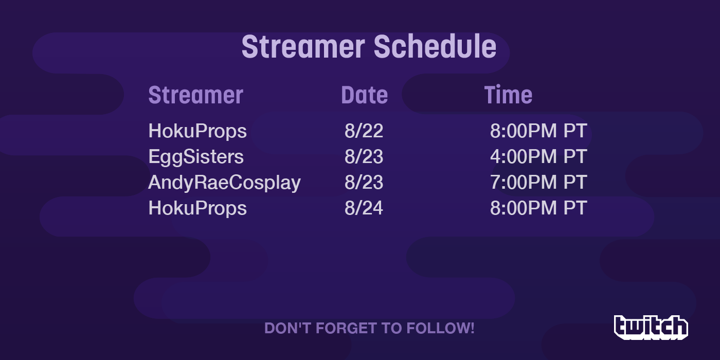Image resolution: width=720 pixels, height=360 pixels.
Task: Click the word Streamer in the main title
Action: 303,47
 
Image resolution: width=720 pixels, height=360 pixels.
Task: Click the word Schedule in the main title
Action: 435,47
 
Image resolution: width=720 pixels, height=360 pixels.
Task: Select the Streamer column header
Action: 196,95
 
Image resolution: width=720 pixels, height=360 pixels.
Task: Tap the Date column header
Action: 365,95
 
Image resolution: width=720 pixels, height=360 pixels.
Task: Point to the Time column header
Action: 508,95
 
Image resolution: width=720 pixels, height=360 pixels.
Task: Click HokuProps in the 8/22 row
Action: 197,132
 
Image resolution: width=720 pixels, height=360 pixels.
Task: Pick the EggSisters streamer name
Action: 196,157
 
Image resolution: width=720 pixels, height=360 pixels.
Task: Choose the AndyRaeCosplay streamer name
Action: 224,183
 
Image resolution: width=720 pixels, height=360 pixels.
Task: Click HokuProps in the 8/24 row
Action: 197,209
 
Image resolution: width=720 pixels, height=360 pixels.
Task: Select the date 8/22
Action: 364,131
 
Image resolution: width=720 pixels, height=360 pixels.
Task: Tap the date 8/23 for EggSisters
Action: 364,156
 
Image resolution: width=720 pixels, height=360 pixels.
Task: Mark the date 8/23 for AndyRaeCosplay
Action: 364,182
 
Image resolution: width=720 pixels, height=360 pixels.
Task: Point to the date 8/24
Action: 364,208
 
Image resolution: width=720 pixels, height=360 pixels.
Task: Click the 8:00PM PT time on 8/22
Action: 539,131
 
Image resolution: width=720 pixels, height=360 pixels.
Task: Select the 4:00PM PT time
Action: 539,156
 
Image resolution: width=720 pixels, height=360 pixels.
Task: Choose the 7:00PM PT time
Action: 539,182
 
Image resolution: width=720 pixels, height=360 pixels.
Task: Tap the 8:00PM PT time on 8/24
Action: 539,208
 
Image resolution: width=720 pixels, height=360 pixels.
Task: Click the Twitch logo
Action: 651,328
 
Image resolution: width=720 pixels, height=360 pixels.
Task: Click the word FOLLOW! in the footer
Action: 440,328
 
